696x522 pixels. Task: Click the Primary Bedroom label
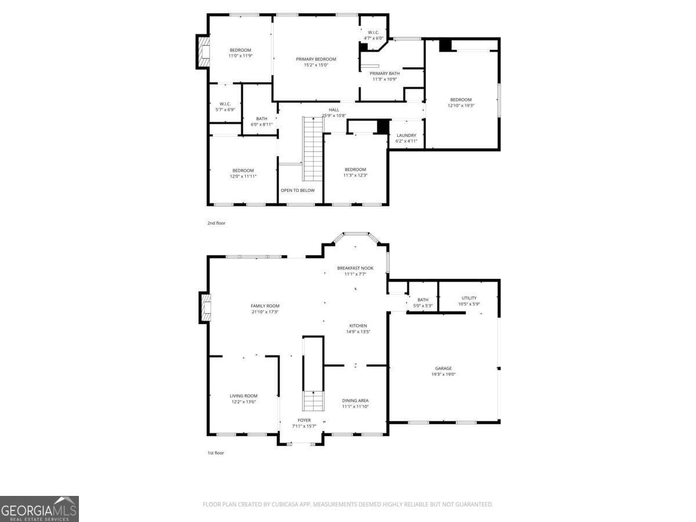point(316,59)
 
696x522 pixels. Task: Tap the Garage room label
point(443,368)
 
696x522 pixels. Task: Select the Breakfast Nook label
point(355,268)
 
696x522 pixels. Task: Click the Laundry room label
point(406,136)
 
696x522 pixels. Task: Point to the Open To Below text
point(298,190)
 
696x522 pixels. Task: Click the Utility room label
point(469,298)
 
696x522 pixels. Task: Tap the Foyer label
point(304,420)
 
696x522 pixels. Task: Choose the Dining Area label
point(355,400)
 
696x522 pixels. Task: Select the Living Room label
point(243,396)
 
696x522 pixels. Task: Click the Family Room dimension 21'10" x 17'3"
point(265,312)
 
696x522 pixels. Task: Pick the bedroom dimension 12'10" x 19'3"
point(461,106)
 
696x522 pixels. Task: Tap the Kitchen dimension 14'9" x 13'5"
point(358,332)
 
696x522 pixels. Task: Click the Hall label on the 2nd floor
point(333,110)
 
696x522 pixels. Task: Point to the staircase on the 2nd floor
point(312,148)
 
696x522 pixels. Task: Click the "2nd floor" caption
point(216,223)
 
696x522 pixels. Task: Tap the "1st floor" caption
point(216,453)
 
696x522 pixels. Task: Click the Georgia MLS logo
point(39,509)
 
